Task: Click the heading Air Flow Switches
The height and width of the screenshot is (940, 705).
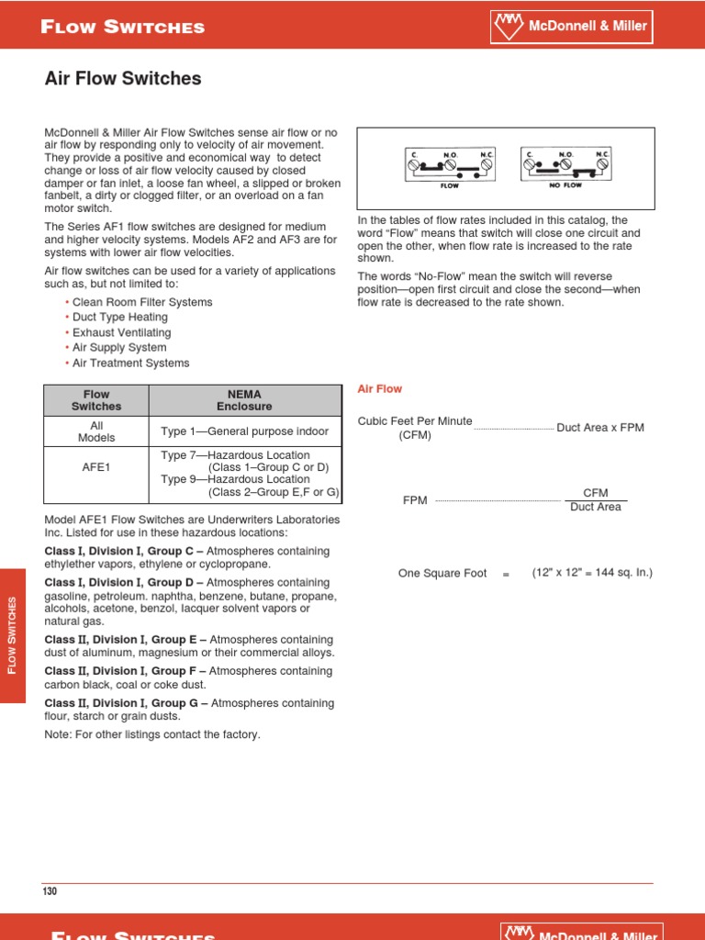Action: pyautogui.click(x=123, y=79)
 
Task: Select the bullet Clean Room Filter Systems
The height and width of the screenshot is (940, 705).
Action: pyautogui.click(x=141, y=302)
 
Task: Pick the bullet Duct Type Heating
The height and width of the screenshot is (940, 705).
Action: pyautogui.click(x=119, y=318)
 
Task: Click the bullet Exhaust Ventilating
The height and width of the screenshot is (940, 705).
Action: pyautogui.click(x=121, y=332)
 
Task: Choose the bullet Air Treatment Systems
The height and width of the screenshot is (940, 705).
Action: pyautogui.click(x=130, y=363)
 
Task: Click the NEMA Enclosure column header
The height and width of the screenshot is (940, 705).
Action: pyautogui.click(x=244, y=400)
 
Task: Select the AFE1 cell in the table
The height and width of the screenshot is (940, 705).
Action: pyautogui.click(x=96, y=466)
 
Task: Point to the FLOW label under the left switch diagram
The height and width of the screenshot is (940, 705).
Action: pyautogui.click(x=448, y=185)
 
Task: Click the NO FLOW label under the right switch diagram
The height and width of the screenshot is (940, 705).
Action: pyautogui.click(x=565, y=185)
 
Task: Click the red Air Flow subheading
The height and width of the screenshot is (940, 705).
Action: pyautogui.click(x=379, y=389)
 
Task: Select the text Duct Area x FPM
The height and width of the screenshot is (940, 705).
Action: pyautogui.click(x=600, y=428)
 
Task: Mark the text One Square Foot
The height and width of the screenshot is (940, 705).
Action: pyautogui.click(x=442, y=574)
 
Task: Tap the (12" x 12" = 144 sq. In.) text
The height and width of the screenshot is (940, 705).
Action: pyautogui.click(x=592, y=573)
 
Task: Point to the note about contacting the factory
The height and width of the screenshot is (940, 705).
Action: pyautogui.click(x=152, y=734)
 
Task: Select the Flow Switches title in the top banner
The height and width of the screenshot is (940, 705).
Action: pyautogui.click(x=123, y=28)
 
